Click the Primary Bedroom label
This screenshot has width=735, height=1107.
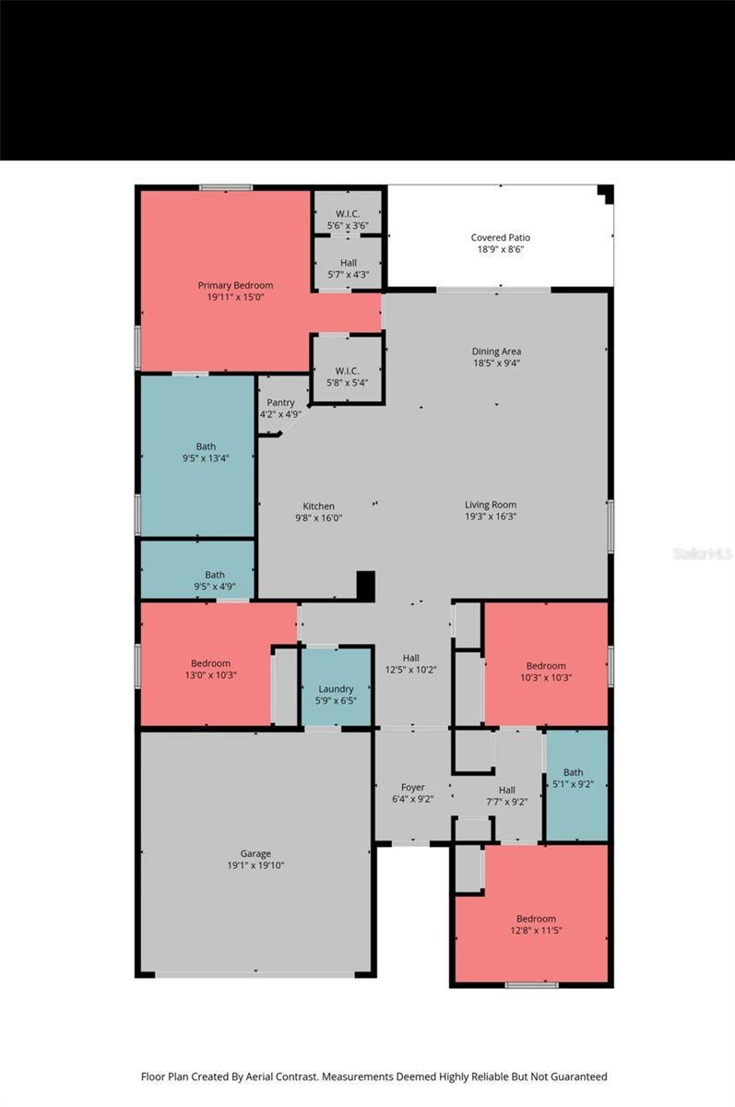(x=235, y=285)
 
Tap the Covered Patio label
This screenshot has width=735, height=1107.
(x=500, y=238)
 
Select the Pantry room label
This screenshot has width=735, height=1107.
(x=280, y=403)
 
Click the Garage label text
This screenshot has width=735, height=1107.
(x=255, y=854)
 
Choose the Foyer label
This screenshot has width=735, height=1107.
(x=412, y=788)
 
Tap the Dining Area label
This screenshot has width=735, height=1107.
(x=496, y=351)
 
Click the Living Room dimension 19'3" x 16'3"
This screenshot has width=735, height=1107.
(x=490, y=517)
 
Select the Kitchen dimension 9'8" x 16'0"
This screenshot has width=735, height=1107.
(x=318, y=518)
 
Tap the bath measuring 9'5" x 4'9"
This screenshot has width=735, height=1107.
(x=214, y=581)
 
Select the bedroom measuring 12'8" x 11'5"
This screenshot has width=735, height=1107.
(x=536, y=924)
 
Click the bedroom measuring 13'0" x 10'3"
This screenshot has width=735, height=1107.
(x=210, y=670)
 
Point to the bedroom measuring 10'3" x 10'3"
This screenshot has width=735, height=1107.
(x=546, y=673)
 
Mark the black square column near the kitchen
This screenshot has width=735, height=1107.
(x=366, y=586)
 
